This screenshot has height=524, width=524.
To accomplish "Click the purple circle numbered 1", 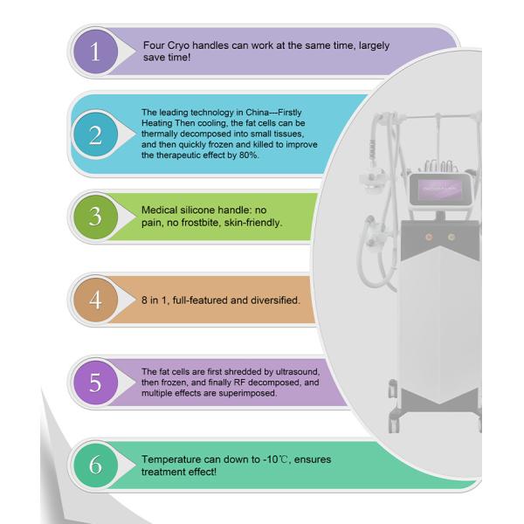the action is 95,52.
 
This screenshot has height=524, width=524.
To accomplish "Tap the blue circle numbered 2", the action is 95,134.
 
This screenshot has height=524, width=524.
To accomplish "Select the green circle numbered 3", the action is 95,217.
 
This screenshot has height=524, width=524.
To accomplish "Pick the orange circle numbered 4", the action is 95,300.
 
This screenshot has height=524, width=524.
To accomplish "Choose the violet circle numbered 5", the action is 95,383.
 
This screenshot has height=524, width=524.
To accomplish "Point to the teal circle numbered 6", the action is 95,465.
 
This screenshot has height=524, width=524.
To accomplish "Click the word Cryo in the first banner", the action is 178,45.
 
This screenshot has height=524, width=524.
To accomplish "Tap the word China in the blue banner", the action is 258,113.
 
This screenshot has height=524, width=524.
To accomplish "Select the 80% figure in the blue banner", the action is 249,155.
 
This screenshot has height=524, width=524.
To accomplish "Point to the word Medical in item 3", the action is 160,210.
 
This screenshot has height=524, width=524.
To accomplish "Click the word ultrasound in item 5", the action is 297,372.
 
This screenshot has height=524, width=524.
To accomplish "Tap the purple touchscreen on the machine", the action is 440,189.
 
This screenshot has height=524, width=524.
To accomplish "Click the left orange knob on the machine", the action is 429,238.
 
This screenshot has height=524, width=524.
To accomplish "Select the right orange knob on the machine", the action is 452,238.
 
